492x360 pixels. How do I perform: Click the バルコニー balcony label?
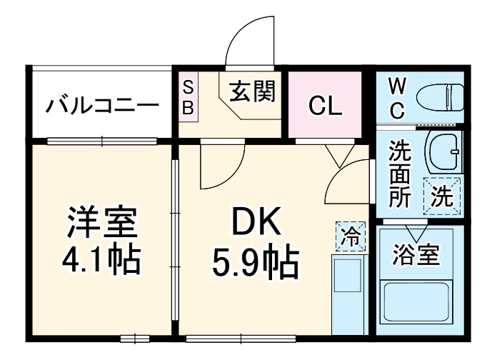coord(101,107)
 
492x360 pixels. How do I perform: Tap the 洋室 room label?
coord(101,223)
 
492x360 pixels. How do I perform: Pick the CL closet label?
coord(325,106)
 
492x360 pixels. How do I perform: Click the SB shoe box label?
coord(189,98)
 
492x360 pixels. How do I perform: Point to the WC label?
coord(397,99)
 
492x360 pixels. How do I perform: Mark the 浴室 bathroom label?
coord(416,254)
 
